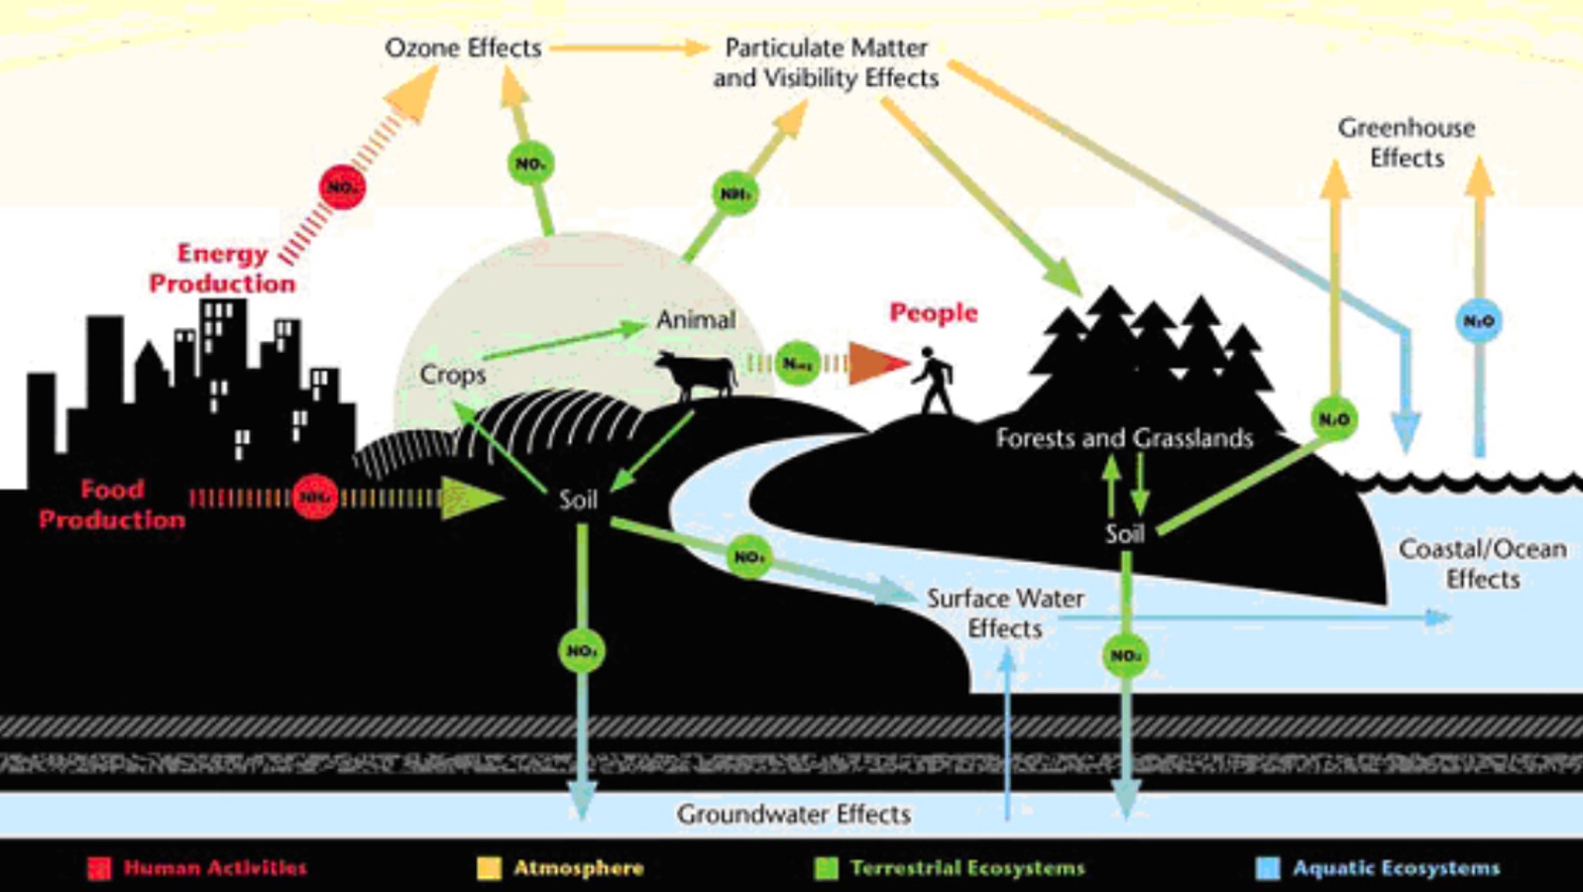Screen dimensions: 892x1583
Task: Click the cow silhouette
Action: pos(697,375)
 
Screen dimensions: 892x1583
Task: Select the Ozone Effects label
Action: pos(463,48)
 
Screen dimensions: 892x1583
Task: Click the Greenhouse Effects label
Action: pos(1406,142)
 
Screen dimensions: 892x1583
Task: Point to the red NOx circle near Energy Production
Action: pos(342,186)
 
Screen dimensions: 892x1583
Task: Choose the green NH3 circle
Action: pos(735,193)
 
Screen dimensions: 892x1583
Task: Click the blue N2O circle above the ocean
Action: pos(1479,320)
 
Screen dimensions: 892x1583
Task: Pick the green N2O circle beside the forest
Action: pos(1334,419)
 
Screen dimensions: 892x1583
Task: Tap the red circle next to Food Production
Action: pos(314,497)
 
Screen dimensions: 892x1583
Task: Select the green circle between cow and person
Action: pos(797,364)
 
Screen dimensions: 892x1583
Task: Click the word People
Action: pos(933,313)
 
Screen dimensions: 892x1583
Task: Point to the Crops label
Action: pos(453,375)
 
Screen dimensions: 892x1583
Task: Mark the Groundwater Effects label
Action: pos(793,814)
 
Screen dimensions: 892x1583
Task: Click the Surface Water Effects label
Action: pos(1004,613)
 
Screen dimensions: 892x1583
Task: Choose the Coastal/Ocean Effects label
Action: pos(1482,563)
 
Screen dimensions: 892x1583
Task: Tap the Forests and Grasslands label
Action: pos(1124,438)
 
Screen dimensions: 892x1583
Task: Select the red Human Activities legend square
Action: pos(99,868)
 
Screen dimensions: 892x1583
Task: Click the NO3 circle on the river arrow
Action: pos(748,557)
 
